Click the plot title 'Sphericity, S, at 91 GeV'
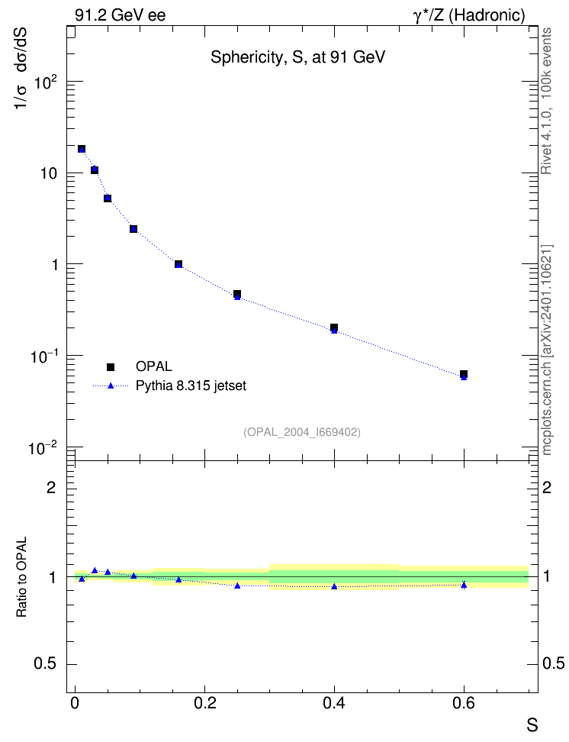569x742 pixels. pyautogui.click(x=297, y=57)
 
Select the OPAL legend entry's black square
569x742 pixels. pyautogui.click(x=111, y=366)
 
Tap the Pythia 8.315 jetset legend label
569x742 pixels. pyautogui.click(x=191, y=386)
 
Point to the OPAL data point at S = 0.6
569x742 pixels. pyautogui.click(x=464, y=374)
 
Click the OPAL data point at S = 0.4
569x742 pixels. pyautogui.click(x=334, y=327)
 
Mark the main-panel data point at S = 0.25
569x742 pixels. pyautogui.click(x=237, y=295)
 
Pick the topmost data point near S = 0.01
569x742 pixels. pyautogui.click(x=82, y=149)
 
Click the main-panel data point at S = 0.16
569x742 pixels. pyautogui.click(x=178, y=264)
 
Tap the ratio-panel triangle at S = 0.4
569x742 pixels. pyautogui.click(x=334, y=586)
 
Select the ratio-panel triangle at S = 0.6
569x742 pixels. pyautogui.click(x=464, y=585)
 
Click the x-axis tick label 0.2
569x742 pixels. pyautogui.click(x=205, y=703)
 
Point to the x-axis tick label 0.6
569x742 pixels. pyautogui.click(x=464, y=703)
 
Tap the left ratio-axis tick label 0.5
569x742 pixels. pyautogui.click(x=45, y=664)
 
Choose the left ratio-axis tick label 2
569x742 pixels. pyautogui.click(x=51, y=487)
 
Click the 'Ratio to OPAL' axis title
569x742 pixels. pyautogui.click(x=22, y=577)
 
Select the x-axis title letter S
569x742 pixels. pyautogui.click(x=532, y=725)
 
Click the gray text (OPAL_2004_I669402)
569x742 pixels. pyautogui.click(x=302, y=432)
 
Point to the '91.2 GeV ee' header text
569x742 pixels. pyautogui.click(x=121, y=15)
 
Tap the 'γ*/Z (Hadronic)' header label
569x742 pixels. pyautogui.click(x=469, y=15)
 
